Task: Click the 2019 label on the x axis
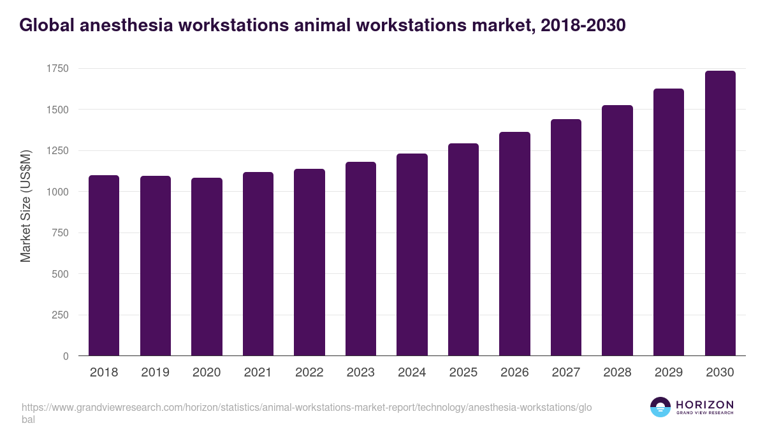coord(155,373)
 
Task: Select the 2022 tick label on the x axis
coord(309,373)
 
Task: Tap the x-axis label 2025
coord(463,373)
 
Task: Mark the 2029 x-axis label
coord(669,373)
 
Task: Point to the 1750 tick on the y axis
coord(57,69)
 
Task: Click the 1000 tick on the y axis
coord(57,192)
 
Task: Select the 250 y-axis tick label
coord(60,315)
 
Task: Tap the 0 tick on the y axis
coord(65,356)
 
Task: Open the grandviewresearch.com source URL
coord(306,408)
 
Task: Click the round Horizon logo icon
coord(660,407)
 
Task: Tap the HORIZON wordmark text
coord(704,405)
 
